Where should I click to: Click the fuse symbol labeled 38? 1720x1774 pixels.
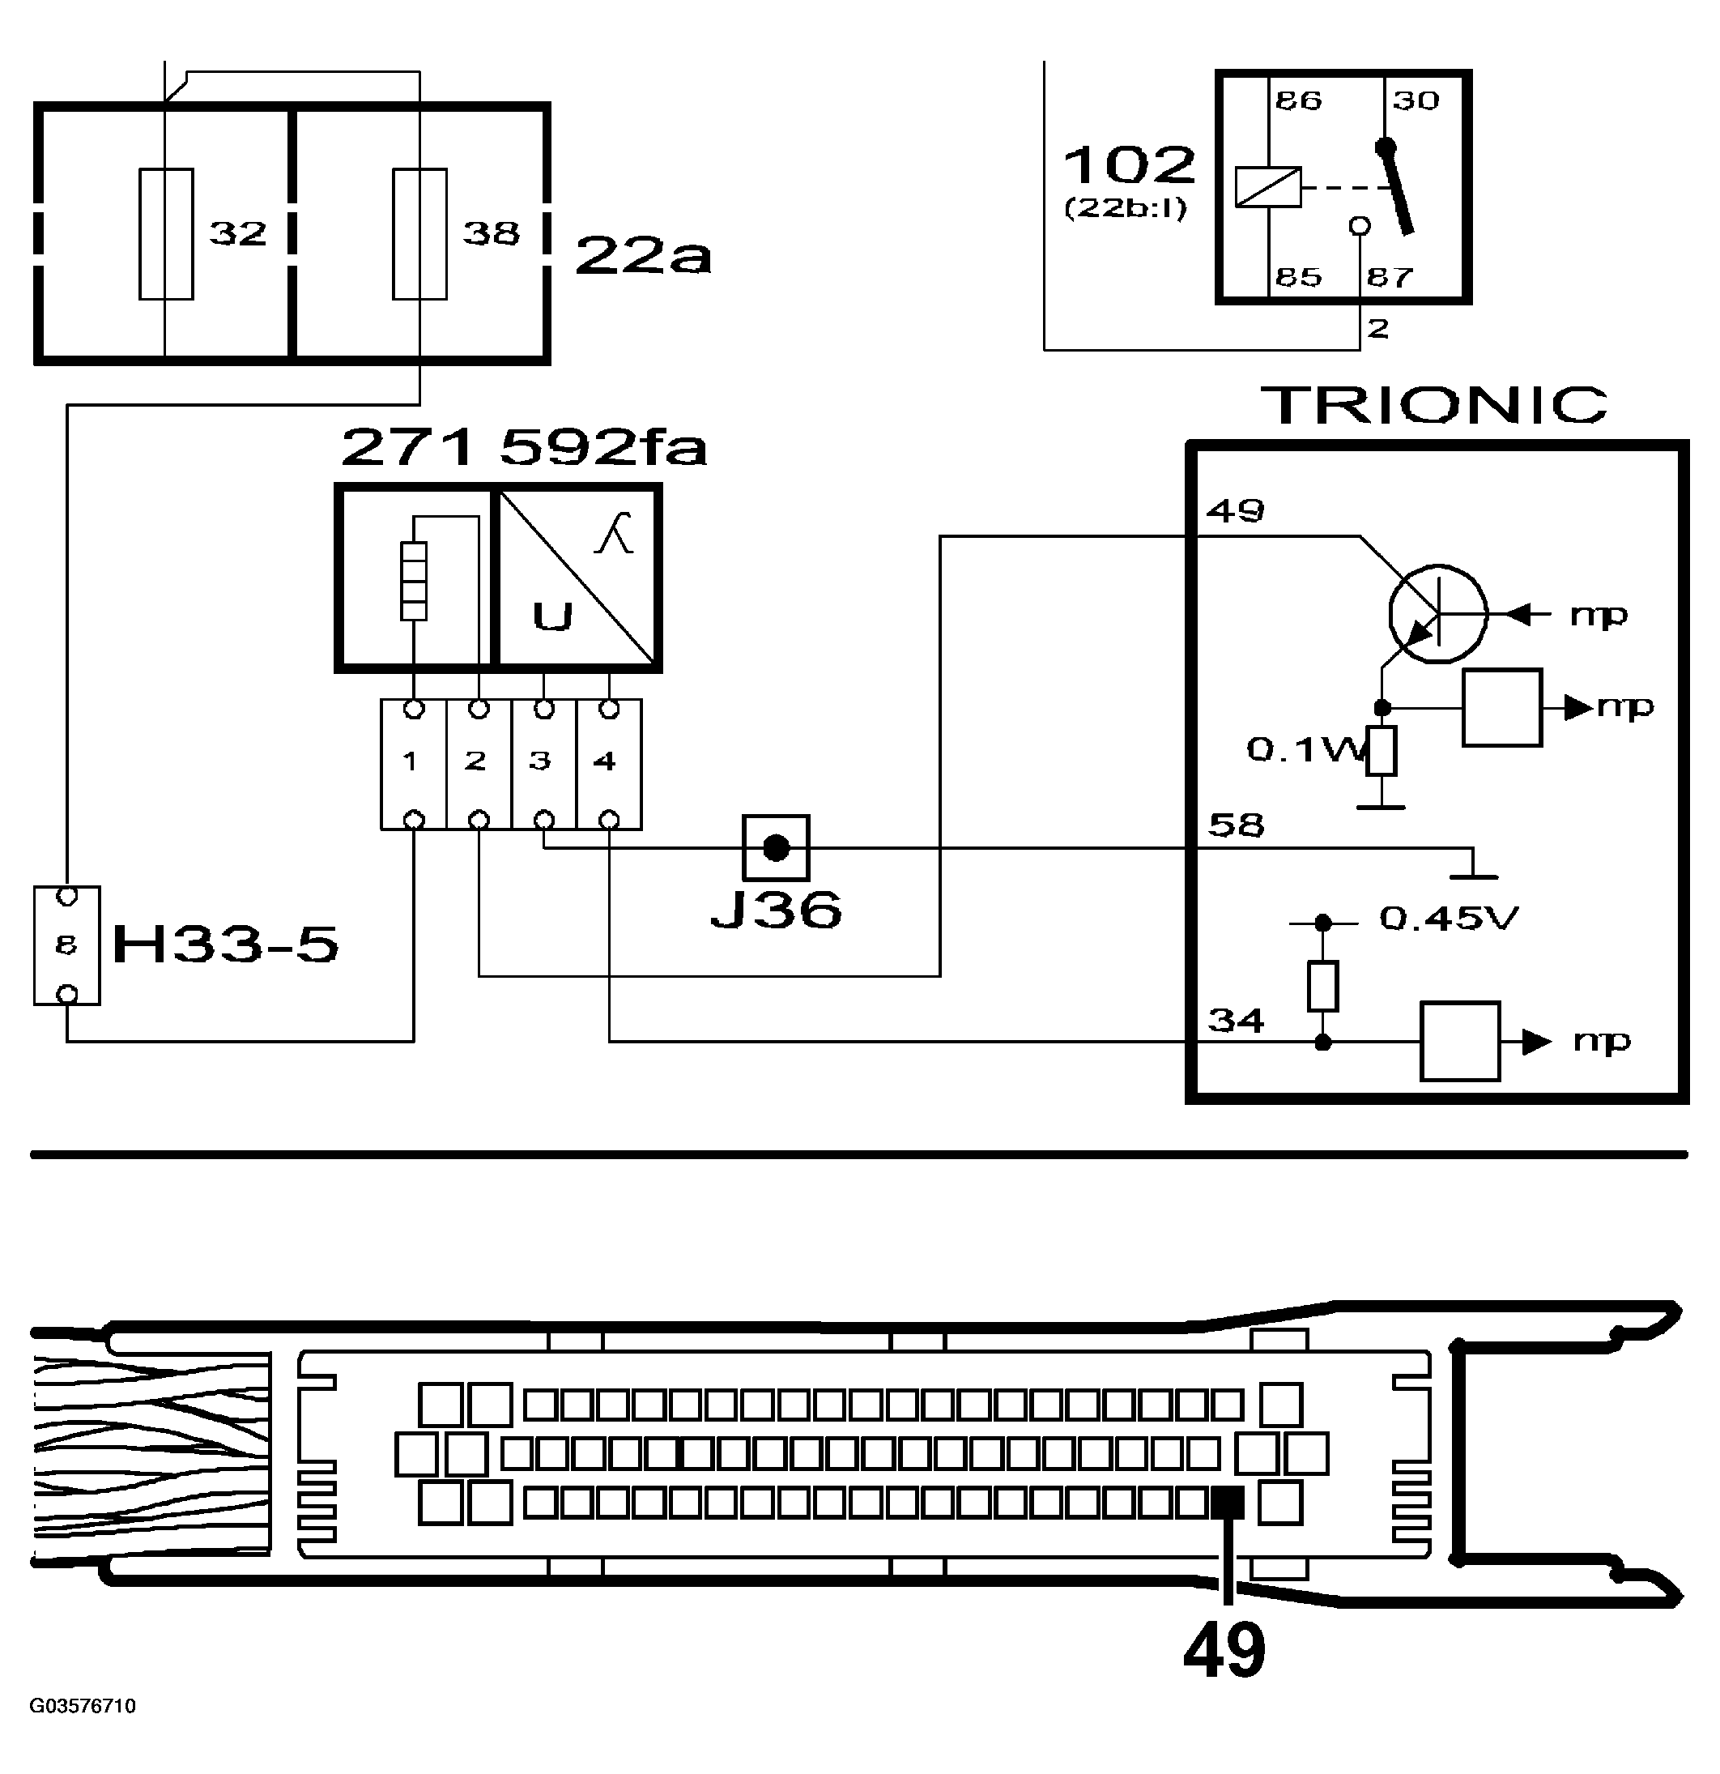point(419,233)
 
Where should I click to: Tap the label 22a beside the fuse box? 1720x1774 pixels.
point(642,255)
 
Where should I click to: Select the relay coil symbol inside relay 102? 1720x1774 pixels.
point(1267,187)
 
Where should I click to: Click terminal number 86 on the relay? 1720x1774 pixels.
point(1298,100)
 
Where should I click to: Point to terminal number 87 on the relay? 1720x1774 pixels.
point(1389,276)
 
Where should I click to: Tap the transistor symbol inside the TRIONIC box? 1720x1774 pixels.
point(1437,614)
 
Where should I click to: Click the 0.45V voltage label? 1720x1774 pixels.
point(1448,919)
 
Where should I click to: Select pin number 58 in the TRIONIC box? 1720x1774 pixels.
point(1236,825)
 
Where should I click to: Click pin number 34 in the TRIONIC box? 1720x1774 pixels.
point(1236,1021)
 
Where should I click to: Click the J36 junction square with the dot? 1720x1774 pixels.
point(776,848)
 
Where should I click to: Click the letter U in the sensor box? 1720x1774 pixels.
point(552,617)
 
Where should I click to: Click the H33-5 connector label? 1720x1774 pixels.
point(224,945)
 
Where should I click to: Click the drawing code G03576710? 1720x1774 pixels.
point(83,1706)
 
